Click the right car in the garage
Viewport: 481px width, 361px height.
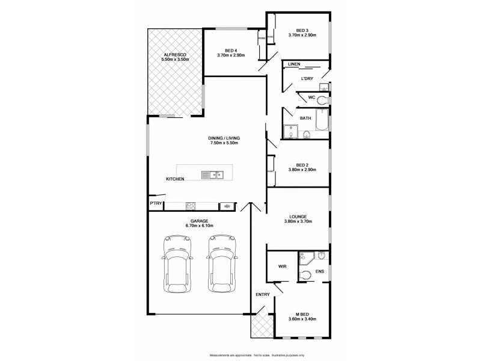pyautogui.click(x=221, y=263)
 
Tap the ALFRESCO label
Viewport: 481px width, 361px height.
pyautogui.click(x=176, y=55)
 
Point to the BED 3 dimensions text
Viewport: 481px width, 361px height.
pyautogui.click(x=302, y=36)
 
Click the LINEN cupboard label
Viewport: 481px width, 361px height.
pyautogui.click(x=294, y=64)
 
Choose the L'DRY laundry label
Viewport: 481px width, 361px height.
pyautogui.click(x=307, y=78)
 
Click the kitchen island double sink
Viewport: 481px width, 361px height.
pyautogui.click(x=212, y=175)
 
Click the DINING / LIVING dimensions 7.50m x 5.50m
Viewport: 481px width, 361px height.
pyautogui.click(x=224, y=143)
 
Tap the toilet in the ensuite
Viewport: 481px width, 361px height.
pyautogui.click(x=305, y=274)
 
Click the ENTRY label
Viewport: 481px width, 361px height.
pyautogui.click(x=263, y=294)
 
